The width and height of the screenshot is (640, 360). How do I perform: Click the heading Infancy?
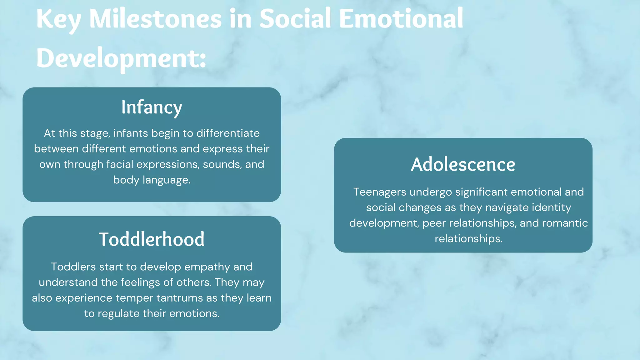[152, 107]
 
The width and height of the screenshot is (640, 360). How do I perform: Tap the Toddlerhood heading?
[152, 239]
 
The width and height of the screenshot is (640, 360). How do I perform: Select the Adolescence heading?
[463, 164]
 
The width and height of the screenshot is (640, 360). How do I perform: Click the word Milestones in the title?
[155, 19]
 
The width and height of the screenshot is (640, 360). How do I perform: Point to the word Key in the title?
[59, 19]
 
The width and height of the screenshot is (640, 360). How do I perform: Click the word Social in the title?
[295, 19]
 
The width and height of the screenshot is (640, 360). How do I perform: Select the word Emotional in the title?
[401, 19]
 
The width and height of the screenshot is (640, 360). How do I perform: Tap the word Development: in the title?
[121, 58]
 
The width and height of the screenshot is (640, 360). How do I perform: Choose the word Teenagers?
[380, 192]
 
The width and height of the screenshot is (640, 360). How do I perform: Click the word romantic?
[565, 223]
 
